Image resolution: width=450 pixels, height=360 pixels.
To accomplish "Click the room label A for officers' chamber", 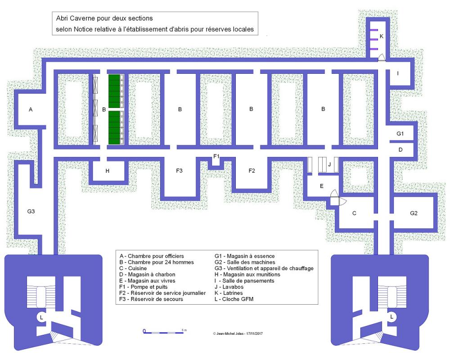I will pos(31,109).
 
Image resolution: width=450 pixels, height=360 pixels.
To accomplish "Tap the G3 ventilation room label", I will pos(31,211).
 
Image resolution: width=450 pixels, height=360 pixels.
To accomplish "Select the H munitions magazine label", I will pos(107,171).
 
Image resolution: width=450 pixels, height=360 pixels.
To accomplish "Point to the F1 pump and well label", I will pos(216,156).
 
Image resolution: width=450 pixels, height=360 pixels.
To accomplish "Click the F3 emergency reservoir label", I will pos(179,171).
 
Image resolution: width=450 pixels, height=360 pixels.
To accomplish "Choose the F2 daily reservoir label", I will pos(252,171).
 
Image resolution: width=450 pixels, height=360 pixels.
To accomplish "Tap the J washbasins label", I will pos(329,165).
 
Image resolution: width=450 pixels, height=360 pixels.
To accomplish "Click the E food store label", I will pos(321,185).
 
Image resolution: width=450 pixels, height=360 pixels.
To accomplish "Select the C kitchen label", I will pos(354,213).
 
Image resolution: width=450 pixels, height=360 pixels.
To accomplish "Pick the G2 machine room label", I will pos(414,213).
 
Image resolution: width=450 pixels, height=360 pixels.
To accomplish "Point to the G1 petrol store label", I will pos(400,134).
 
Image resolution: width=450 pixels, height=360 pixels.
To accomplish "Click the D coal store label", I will pos(400,149).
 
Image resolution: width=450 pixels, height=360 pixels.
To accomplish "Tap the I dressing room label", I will pos(397,73).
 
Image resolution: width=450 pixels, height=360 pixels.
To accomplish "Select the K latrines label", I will pos(382,36).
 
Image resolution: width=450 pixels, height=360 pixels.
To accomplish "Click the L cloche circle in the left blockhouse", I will pos(41,317).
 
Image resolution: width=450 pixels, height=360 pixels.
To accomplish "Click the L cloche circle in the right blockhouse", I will pos(391,317).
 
